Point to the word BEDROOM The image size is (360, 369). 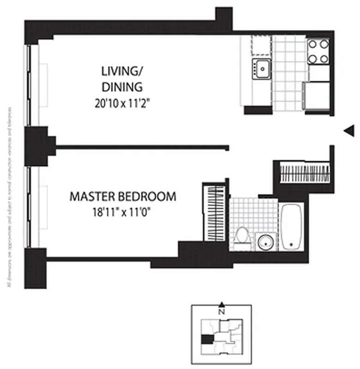148,196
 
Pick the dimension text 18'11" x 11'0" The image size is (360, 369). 122,212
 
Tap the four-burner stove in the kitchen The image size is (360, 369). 318,51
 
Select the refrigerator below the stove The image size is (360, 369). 317,95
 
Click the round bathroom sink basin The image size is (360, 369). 266,242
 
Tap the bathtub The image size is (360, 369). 291,226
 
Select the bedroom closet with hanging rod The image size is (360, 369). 213,212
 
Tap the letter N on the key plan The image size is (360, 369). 222,311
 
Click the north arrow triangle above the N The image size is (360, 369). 222,304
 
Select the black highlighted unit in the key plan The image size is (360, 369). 207,339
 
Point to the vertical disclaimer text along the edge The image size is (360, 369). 9,198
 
